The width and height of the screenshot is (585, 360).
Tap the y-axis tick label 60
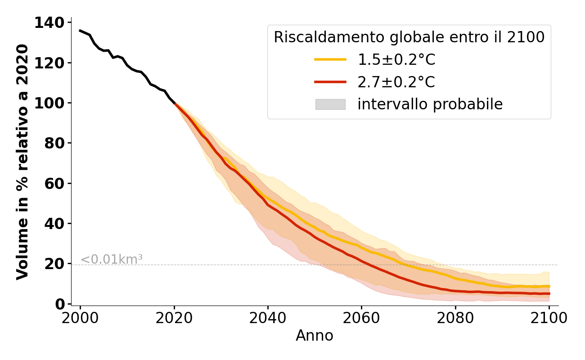tap(54, 184)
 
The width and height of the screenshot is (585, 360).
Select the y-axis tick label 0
tap(59, 305)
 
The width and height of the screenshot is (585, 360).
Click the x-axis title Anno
tap(315, 336)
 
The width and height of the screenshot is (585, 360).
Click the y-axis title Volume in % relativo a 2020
tap(22, 162)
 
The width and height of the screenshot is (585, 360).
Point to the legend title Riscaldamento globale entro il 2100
tap(409, 37)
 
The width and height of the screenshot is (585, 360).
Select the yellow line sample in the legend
tap(330, 59)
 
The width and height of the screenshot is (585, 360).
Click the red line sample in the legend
tap(330, 82)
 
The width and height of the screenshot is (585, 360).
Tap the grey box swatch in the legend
tap(330, 104)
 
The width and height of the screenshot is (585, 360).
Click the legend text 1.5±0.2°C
tap(396, 59)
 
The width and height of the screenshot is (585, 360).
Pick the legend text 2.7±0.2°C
tap(396, 82)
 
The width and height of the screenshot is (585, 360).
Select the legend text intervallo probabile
tap(430, 104)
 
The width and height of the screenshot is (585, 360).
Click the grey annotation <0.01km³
tap(112, 259)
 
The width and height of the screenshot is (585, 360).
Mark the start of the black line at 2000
tap(80, 31)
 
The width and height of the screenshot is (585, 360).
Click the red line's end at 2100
tap(549, 293)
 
